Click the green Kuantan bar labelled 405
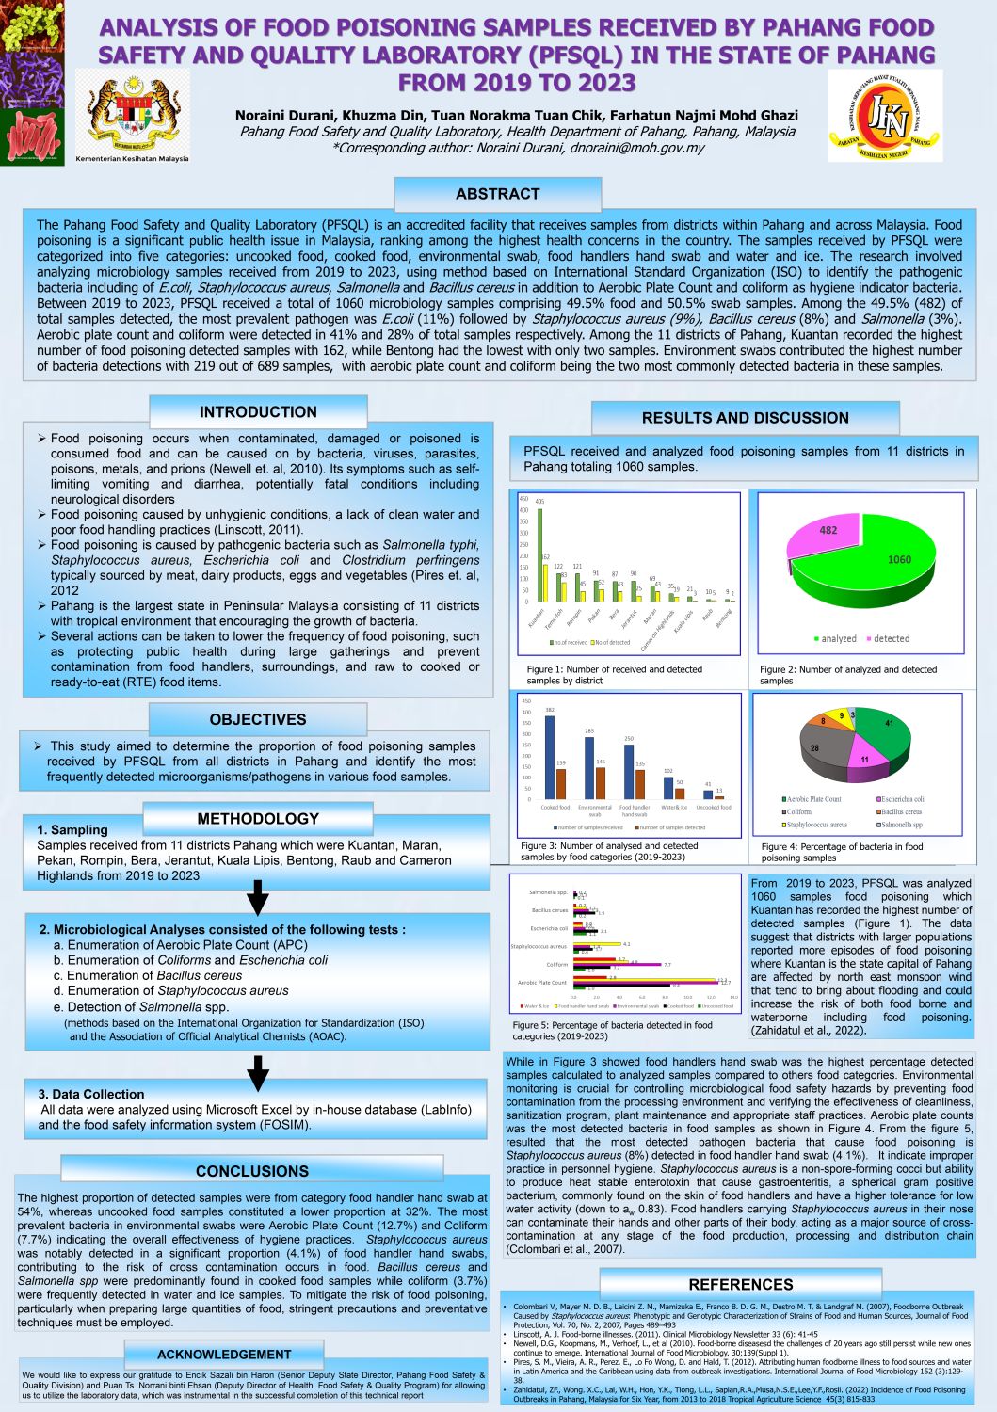pyautogui.click(x=539, y=555)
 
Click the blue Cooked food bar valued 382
pyautogui.click(x=550, y=757)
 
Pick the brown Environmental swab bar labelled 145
pyautogui.click(x=601, y=782)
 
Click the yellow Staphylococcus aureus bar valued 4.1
pyautogui.click(x=597, y=943)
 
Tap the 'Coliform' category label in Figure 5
pyautogui.click(x=556, y=964)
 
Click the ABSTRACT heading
pyautogui.click(x=497, y=194)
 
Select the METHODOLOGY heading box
pyautogui.click(x=258, y=818)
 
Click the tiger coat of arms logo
pyautogui.click(x=132, y=112)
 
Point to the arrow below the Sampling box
pyautogui.click(x=257, y=898)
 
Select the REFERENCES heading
pyautogui.click(x=741, y=1284)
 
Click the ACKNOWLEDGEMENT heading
pyautogui.click(x=224, y=1354)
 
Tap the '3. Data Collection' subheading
pyautogui.click(x=91, y=1094)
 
